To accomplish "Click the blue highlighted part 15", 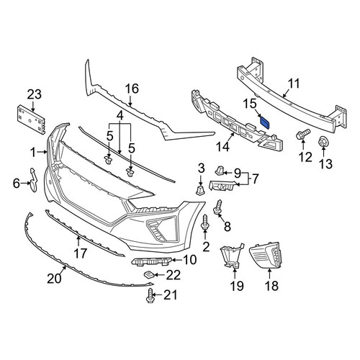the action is [x=265, y=122].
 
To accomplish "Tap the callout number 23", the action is [x=35, y=94].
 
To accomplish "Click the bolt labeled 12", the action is [x=303, y=134].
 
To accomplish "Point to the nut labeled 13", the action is [x=323, y=141].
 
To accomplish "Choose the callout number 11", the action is [x=294, y=84].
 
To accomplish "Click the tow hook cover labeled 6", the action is [x=33, y=179].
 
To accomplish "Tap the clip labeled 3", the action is [x=200, y=190].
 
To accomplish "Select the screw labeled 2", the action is [x=205, y=222].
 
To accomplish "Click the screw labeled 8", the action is [x=218, y=207].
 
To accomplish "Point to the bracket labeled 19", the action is [x=231, y=256].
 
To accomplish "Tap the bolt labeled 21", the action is [x=150, y=296].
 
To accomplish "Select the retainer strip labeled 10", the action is [x=152, y=261].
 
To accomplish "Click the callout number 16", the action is [x=132, y=89].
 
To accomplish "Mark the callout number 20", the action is [x=54, y=279].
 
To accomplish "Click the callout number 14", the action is [x=222, y=147].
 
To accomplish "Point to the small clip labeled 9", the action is [x=219, y=170].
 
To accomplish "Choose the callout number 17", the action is [x=80, y=253].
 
